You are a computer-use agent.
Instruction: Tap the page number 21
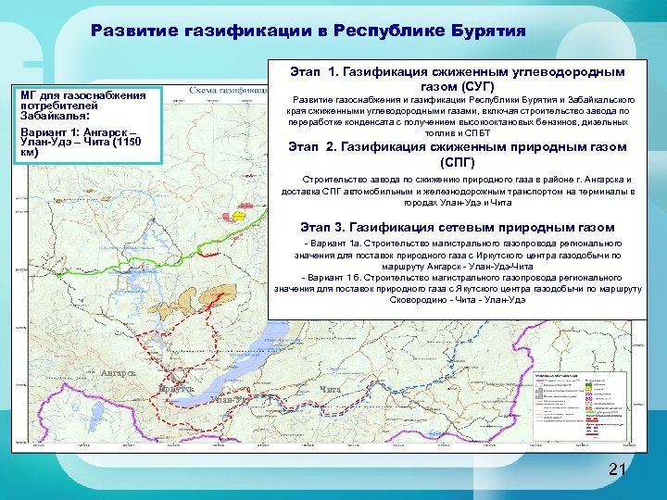pos(618,471)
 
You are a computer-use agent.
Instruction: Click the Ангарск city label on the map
pos(118,373)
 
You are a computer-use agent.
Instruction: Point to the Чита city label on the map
pos(331,389)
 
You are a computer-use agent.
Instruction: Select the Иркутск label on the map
pos(175,390)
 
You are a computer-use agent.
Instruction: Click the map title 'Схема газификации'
pos(223,91)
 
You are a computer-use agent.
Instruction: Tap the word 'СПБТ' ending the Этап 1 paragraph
pos(478,132)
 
